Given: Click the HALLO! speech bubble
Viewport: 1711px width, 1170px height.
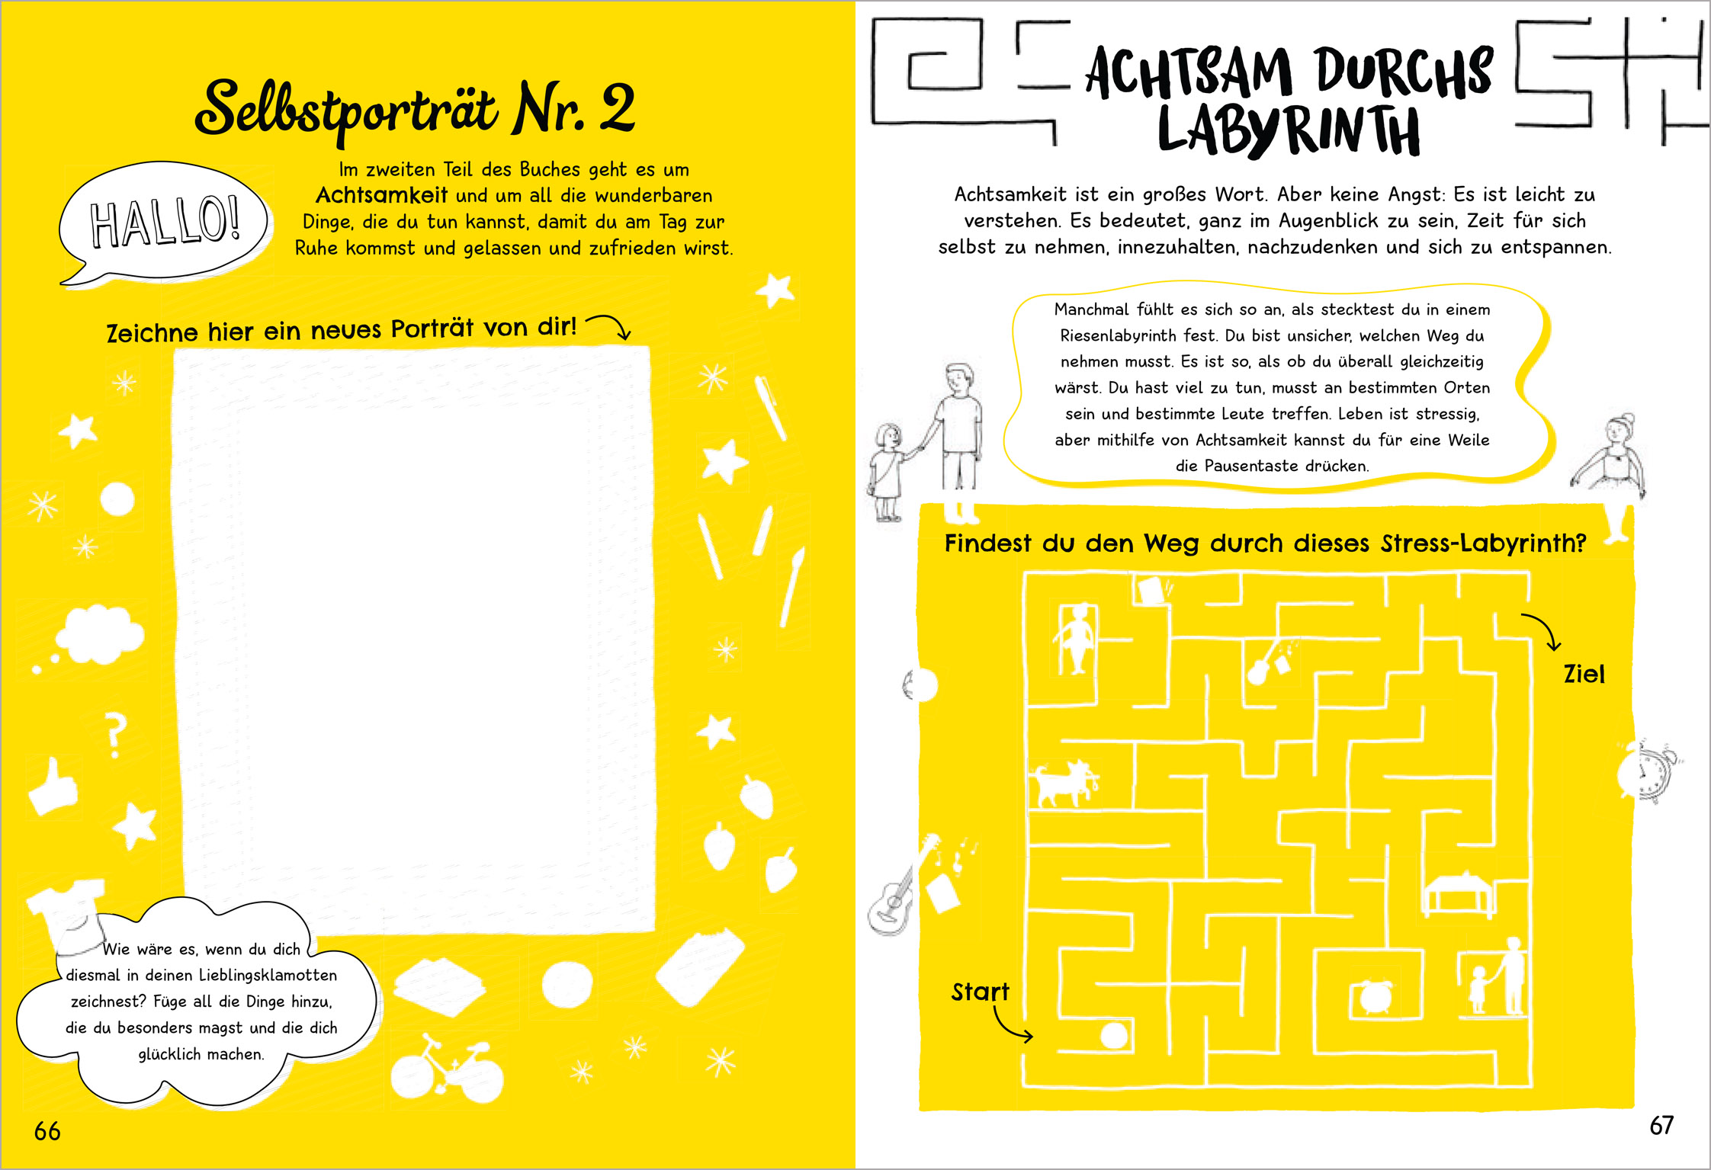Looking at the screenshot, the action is pos(164,221).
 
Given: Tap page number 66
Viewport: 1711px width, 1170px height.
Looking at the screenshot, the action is pos(47,1131).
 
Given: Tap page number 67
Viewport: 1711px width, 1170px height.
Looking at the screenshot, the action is pos(1661,1125).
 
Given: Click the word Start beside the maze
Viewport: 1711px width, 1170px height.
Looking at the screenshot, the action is pos(980,992).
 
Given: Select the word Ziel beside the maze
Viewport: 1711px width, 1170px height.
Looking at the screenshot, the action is pos(1584,674).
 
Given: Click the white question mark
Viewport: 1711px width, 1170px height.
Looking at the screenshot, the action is pos(115,735).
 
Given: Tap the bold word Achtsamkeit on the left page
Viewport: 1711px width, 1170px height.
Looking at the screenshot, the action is pos(381,195).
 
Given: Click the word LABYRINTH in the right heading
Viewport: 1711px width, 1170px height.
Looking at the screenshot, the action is pos(1289,130).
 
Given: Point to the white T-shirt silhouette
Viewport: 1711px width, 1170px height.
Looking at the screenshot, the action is pos(67,911).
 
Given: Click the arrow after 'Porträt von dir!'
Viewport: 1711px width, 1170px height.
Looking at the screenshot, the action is pos(608,325).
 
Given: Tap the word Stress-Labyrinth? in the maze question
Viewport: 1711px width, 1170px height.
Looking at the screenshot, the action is pos(1483,543).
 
